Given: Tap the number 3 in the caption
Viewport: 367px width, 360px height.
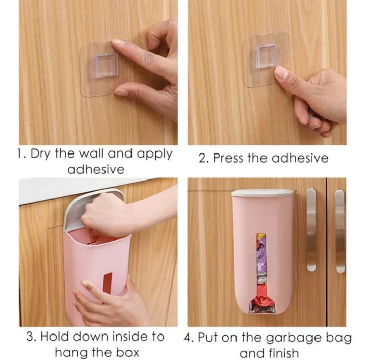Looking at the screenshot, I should [31, 337].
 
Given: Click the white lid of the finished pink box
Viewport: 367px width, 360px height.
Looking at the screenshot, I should [263, 193].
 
